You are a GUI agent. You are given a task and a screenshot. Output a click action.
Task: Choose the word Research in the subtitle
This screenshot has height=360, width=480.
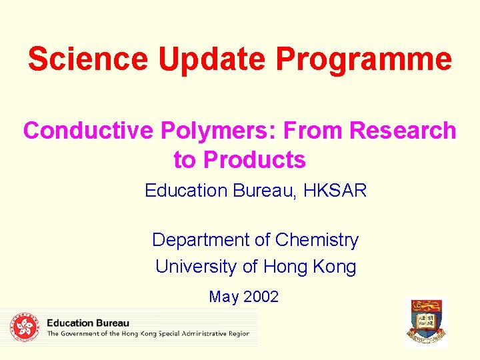tap(403, 131)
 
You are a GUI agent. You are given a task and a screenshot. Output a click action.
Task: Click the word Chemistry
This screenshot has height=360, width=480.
tap(317, 239)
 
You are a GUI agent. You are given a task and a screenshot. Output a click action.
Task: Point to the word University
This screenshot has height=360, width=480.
tap(196, 267)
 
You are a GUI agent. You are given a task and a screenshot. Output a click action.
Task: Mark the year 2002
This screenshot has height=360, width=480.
tap(261, 297)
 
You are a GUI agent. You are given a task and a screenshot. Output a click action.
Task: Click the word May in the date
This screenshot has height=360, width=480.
tap(223, 297)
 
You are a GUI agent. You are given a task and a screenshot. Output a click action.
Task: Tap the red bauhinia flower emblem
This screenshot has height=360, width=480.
tap(25, 327)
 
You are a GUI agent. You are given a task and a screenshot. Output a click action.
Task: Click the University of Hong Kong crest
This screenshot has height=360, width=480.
tap(427, 322)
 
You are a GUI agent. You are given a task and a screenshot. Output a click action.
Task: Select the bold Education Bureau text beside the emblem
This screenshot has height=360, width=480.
tap(88, 323)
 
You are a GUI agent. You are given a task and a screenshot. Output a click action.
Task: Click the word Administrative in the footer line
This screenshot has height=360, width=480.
tap(203, 334)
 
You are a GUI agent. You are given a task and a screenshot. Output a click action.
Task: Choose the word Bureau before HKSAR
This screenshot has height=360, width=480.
tap(264, 191)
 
